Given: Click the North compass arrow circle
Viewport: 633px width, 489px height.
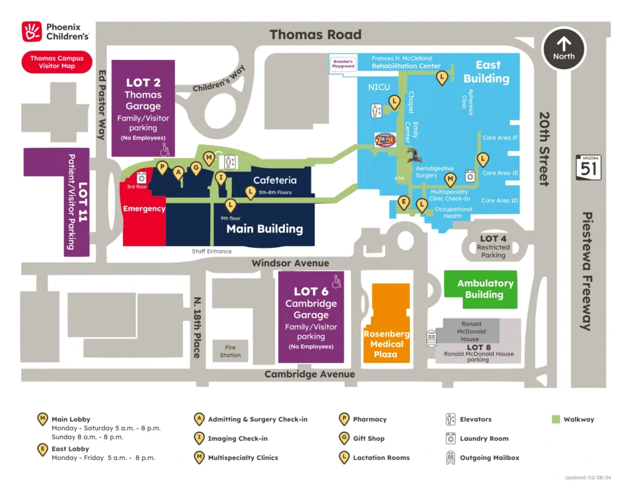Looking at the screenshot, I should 563,49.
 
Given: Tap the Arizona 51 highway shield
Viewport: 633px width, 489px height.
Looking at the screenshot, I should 588,168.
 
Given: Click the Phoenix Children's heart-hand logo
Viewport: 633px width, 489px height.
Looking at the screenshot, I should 32,32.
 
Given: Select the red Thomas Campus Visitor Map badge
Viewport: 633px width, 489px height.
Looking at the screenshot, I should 57,62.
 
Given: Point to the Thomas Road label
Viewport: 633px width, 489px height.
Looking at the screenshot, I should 315,35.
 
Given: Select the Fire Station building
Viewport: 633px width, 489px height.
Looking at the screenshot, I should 230,351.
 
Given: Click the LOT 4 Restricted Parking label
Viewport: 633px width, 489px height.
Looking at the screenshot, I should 493,247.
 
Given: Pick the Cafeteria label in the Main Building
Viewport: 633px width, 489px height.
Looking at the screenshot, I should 274,181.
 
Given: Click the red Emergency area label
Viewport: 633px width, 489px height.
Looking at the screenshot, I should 144,209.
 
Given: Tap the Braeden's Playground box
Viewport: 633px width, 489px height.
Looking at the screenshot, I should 343,63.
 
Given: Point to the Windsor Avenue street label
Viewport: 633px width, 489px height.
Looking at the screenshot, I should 290,263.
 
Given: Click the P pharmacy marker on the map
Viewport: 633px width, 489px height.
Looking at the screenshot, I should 163,167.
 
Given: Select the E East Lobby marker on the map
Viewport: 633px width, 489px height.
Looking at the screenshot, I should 404,202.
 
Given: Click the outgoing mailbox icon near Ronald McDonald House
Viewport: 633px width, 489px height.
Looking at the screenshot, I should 431,338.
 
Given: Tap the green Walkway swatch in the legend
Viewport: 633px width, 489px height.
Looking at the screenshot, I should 555,419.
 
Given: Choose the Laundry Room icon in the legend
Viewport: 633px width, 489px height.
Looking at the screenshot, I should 451,438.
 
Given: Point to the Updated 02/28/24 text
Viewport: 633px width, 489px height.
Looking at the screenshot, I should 587,477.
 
